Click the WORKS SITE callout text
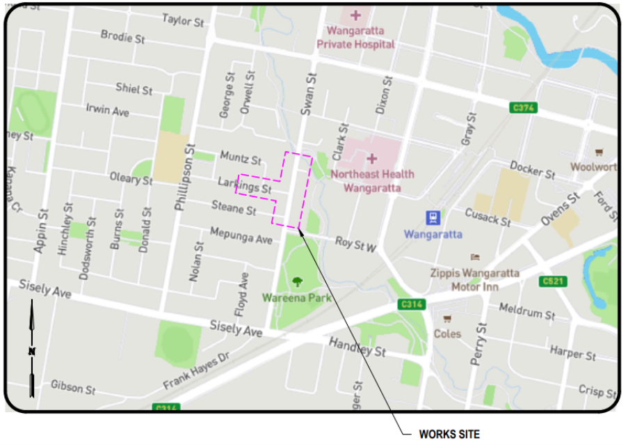pyautogui.click(x=449, y=434)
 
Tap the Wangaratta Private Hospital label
pyautogui.click(x=355, y=38)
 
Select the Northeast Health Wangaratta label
pyautogui.click(x=372, y=181)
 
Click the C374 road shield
pyautogui.click(x=523, y=108)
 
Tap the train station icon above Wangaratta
pyautogui.click(x=433, y=217)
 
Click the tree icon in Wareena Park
pyautogui.click(x=298, y=281)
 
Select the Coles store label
pyautogui.click(x=447, y=334)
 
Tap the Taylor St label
pyautogui.click(x=183, y=20)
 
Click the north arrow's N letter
pyautogui.click(x=31, y=352)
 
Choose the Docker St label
pyautogui.click(x=532, y=169)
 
